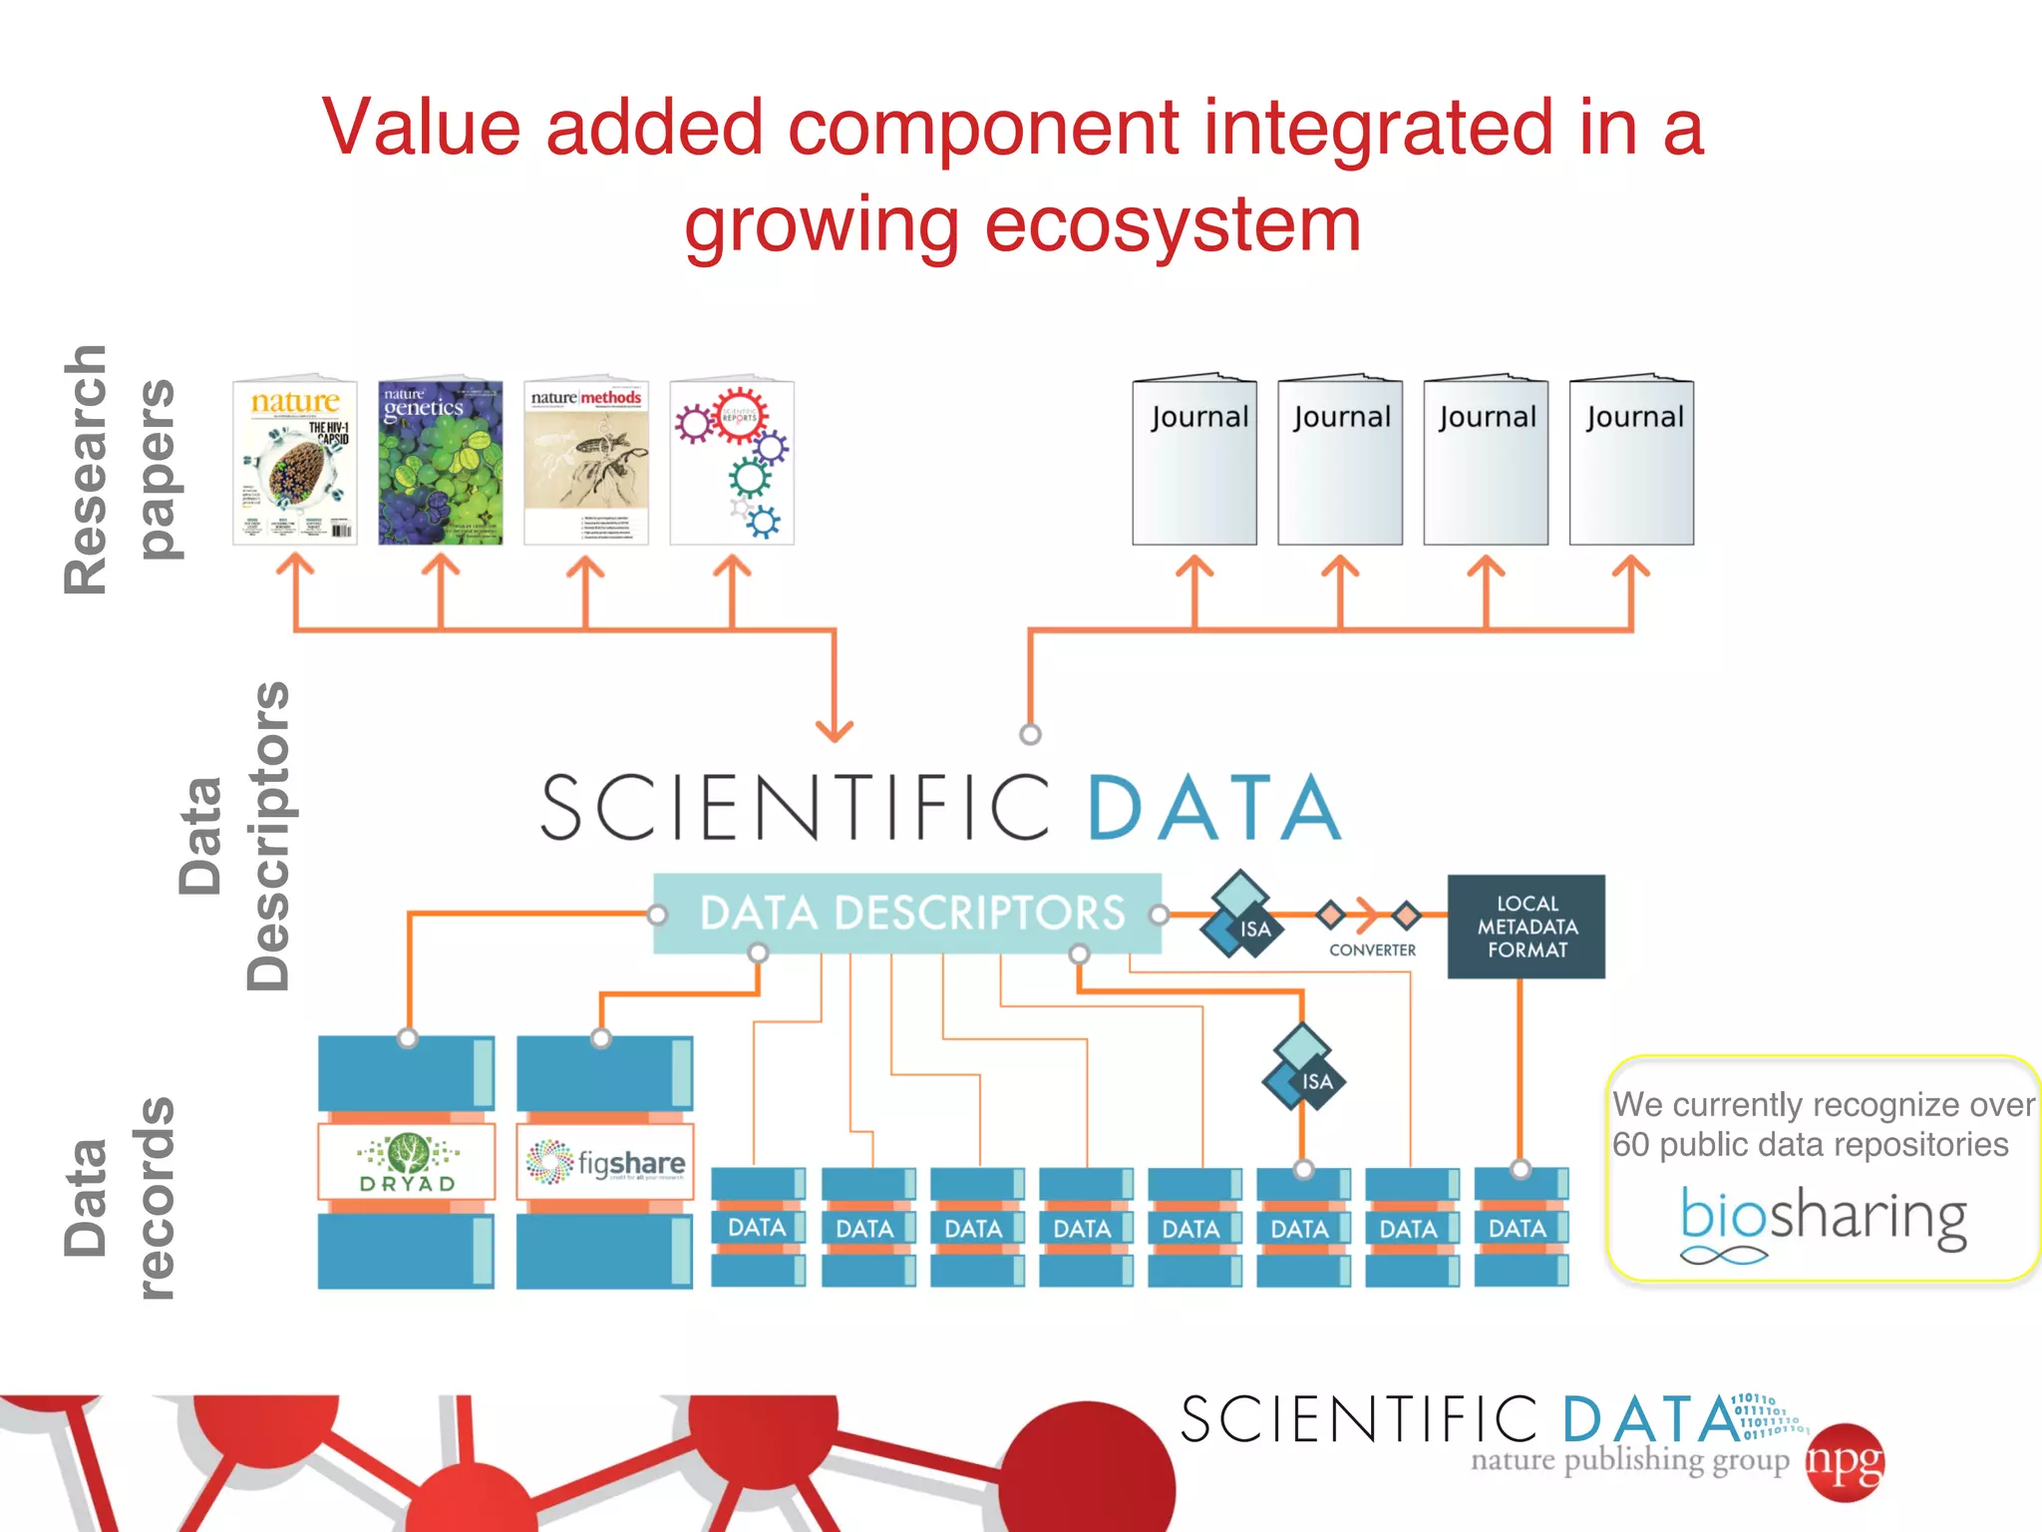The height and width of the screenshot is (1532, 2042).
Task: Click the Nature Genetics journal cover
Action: tap(440, 463)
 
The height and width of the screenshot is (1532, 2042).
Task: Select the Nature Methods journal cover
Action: tap(586, 463)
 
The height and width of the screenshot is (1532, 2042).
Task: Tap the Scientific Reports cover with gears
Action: tap(732, 463)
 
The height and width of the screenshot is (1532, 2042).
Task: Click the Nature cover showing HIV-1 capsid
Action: tap(294, 463)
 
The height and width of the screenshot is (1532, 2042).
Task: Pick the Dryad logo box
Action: tap(407, 1163)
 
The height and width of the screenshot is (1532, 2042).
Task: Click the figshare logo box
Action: tap(605, 1163)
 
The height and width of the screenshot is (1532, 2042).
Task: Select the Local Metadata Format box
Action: tap(1526, 927)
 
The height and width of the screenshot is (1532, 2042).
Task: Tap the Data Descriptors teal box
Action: tap(907, 913)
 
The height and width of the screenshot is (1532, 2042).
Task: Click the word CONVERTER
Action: tap(1372, 951)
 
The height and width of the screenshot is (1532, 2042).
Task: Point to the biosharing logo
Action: tap(1823, 1219)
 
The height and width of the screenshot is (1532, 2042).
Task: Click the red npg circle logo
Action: tap(1846, 1462)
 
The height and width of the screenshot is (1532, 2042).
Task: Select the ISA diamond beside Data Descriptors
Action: tap(1242, 916)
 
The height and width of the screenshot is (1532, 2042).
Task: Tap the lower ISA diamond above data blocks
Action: tap(1303, 1067)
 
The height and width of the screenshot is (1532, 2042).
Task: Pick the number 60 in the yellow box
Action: tap(1631, 1145)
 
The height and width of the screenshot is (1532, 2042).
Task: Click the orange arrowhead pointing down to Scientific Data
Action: tap(835, 731)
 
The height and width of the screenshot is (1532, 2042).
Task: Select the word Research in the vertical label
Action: tap(86, 470)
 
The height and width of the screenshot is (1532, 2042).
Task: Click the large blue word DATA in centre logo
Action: tap(1213, 808)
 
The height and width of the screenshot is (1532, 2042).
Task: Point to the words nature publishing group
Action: tap(1629, 1460)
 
